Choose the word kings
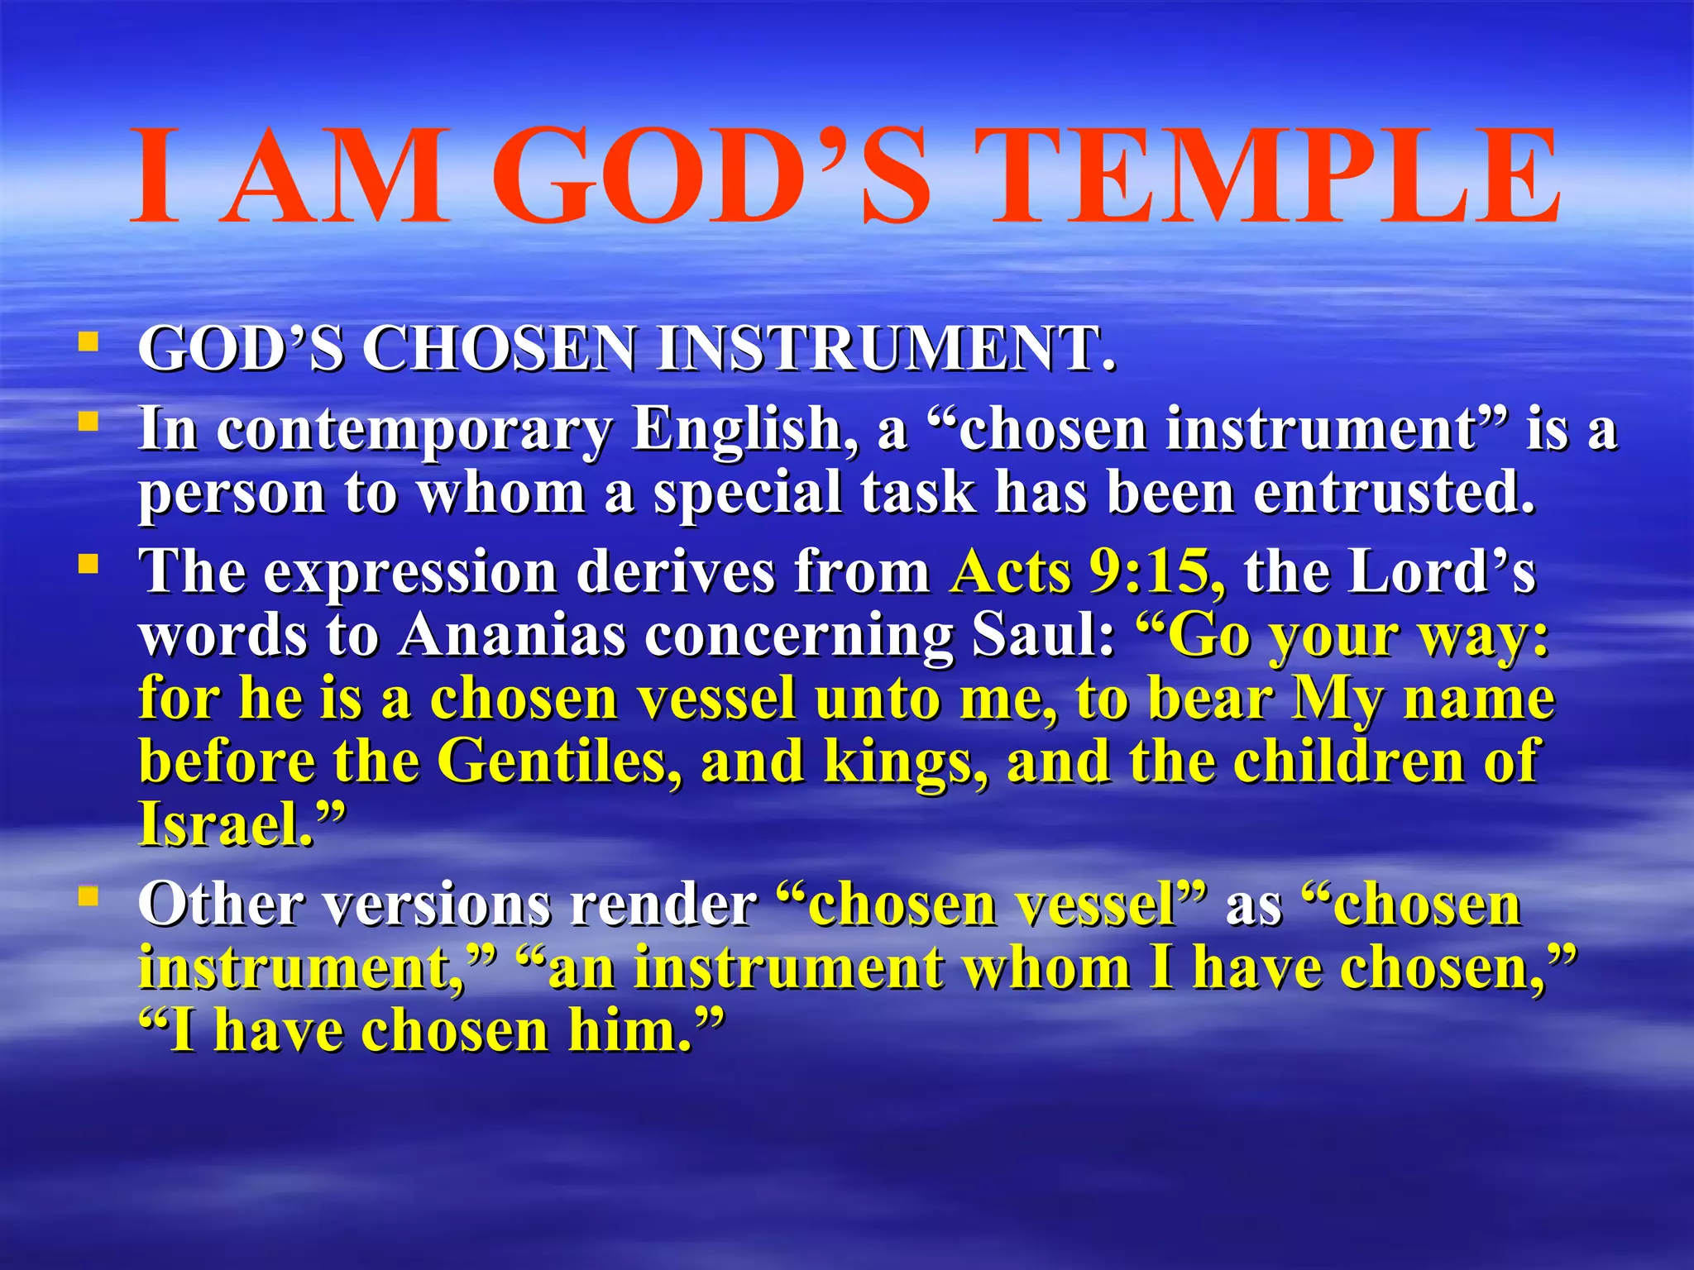(906, 762)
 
